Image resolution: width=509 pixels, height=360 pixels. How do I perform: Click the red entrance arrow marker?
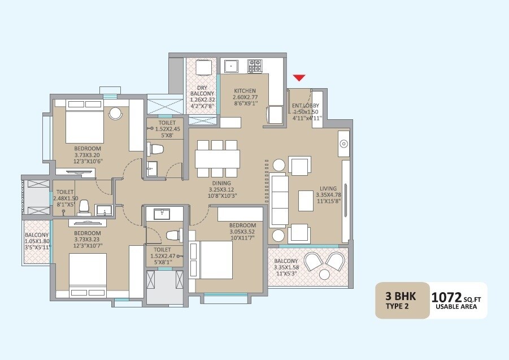(x=299, y=78)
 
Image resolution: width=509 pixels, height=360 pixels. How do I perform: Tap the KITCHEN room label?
(x=245, y=91)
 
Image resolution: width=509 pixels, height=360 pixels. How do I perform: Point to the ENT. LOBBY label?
(x=306, y=106)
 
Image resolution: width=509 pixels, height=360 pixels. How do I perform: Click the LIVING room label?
(x=328, y=189)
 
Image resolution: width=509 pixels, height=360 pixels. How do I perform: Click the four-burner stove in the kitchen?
(x=254, y=66)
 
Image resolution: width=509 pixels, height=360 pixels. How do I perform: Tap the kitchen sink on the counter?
(x=230, y=66)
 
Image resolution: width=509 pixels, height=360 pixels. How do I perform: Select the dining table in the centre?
(x=217, y=159)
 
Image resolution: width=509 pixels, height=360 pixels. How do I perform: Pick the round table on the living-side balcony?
(x=324, y=275)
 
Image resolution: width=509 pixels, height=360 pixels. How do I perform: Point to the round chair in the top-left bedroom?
(x=116, y=113)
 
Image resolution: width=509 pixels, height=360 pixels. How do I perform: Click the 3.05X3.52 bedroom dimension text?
(x=242, y=232)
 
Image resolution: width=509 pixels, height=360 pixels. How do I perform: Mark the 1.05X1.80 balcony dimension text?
(x=37, y=241)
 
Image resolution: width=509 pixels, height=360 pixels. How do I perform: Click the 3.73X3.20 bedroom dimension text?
(x=86, y=155)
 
